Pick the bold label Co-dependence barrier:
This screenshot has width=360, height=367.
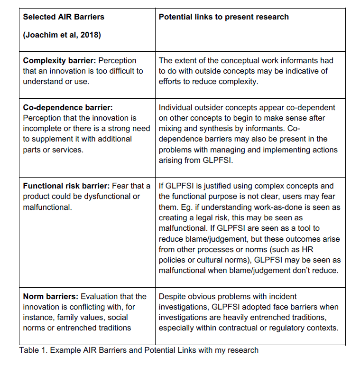tap(68, 107)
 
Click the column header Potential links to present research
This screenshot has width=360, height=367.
tap(223, 17)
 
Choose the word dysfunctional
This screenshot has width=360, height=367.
tap(114, 197)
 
